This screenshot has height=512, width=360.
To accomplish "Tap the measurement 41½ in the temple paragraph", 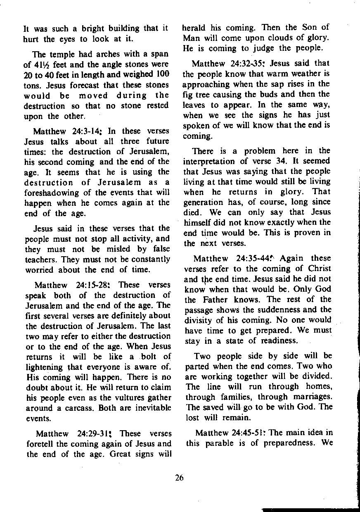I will pos(41,65).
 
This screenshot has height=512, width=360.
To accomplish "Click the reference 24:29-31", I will pos(95,434).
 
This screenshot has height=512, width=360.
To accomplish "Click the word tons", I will pos(31,86).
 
